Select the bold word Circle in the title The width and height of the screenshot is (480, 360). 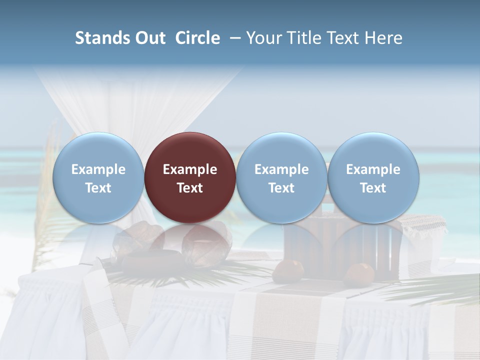point(197,38)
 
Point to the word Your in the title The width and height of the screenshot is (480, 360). point(263,38)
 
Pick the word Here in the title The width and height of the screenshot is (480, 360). point(384,38)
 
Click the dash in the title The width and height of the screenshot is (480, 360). point(234,38)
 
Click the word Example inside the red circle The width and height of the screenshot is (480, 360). point(190,169)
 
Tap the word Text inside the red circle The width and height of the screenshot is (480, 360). point(190,188)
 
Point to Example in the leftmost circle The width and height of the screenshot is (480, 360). point(98,169)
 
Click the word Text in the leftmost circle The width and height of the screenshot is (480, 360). point(98,188)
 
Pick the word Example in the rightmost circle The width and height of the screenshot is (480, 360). point(373,169)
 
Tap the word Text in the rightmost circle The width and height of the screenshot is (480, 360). point(373,188)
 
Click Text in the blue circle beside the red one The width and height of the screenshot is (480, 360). point(281,188)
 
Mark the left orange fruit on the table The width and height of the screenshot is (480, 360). point(288,271)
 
